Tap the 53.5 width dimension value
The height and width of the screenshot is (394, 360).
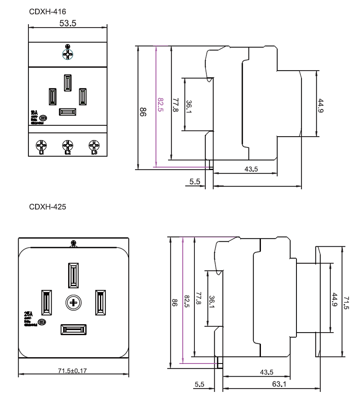pos(68,23)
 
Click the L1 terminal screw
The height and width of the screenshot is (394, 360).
pos(42,145)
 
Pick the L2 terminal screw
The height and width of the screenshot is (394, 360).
pos(67,145)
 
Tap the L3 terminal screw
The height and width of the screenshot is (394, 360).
pos(93,145)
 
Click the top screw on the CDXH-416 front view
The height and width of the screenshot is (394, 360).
pos(67,54)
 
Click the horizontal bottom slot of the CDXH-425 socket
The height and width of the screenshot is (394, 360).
pos(73,330)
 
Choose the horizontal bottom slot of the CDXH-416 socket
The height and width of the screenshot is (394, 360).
pos(67,112)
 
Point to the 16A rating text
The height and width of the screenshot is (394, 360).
pos(35,113)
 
